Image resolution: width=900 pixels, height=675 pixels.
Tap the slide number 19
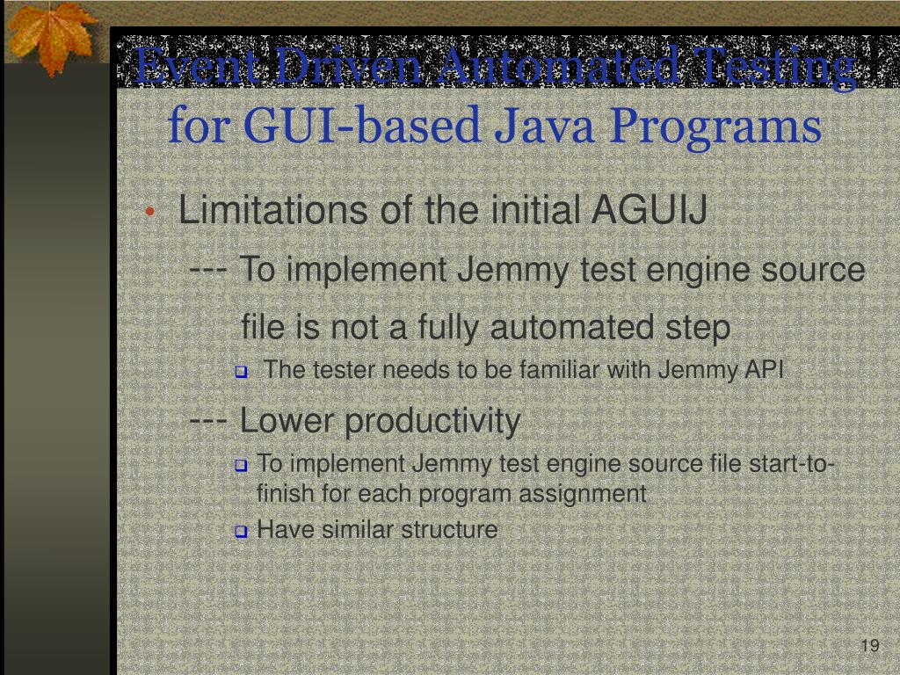(869, 647)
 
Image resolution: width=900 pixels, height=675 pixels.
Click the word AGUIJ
(650, 211)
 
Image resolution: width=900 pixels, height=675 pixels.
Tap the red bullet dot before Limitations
(151, 214)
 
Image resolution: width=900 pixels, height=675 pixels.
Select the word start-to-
(792, 463)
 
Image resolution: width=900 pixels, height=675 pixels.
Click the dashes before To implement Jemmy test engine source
(209, 270)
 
